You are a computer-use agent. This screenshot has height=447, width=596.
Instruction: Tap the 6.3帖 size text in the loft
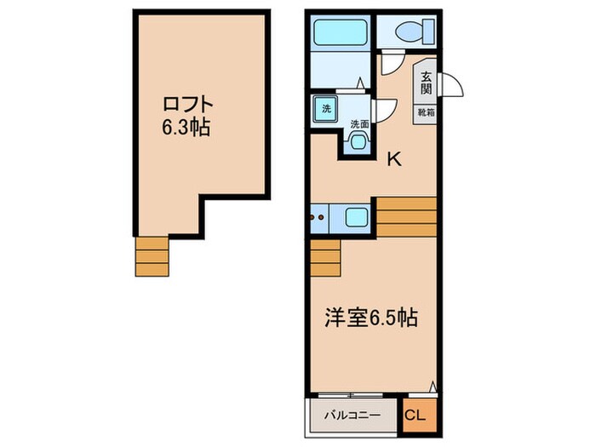tap(186, 129)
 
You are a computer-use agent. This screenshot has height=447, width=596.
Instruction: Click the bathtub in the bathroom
tap(340, 32)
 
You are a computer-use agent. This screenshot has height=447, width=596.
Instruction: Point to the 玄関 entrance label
tap(424, 83)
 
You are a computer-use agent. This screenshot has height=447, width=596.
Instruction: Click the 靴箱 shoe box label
tap(424, 112)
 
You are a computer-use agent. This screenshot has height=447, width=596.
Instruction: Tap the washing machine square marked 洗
tap(324, 108)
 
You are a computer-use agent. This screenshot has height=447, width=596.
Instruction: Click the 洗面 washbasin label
tap(360, 124)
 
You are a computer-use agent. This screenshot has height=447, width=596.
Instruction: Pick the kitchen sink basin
tap(356, 219)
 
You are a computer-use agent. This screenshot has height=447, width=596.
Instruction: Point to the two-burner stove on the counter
tap(321, 219)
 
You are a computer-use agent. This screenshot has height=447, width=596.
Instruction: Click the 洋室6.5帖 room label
tap(370, 318)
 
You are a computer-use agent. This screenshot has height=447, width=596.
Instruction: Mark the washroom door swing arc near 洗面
tap(385, 109)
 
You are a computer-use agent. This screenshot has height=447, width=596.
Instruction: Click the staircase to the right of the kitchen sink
tap(406, 216)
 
